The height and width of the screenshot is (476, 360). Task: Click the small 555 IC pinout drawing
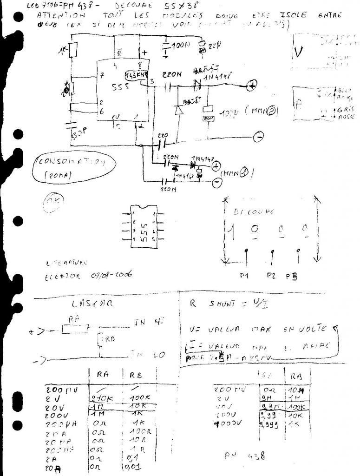143,226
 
